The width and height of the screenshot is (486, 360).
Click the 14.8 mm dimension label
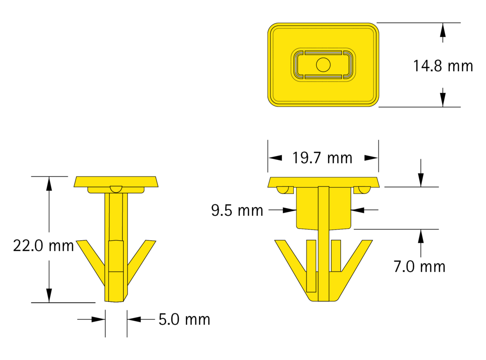(x=443, y=66)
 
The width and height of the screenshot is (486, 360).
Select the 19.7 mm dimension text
(x=323, y=158)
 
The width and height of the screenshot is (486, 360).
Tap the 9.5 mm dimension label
(x=237, y=210)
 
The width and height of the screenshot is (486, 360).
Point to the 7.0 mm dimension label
(x=419, y=267)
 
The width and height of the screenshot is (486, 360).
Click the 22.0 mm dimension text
(x=43, y=246)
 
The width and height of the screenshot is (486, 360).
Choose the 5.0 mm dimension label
(x=184, y=319)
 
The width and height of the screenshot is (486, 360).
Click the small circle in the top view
(x=323, y=65)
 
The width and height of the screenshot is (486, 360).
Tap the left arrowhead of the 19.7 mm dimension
(x=275, y=158)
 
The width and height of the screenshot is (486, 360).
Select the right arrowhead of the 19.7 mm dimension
(x=371, y=158)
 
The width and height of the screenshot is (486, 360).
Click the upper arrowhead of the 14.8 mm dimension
(x=443, y=30)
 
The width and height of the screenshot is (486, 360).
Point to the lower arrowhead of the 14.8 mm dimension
(x=443, y=100)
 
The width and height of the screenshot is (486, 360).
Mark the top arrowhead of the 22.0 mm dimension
(x=49, y=184)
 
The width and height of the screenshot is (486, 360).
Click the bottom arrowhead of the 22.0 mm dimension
(x=49, y=295)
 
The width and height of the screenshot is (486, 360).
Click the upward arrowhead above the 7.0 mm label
(x=421, y=236)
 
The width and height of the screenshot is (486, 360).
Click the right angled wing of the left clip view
(x=142, y=262)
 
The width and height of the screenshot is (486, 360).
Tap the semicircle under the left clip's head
(x=116, y=189)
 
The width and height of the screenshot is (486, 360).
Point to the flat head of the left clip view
(x=116, y=182)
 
